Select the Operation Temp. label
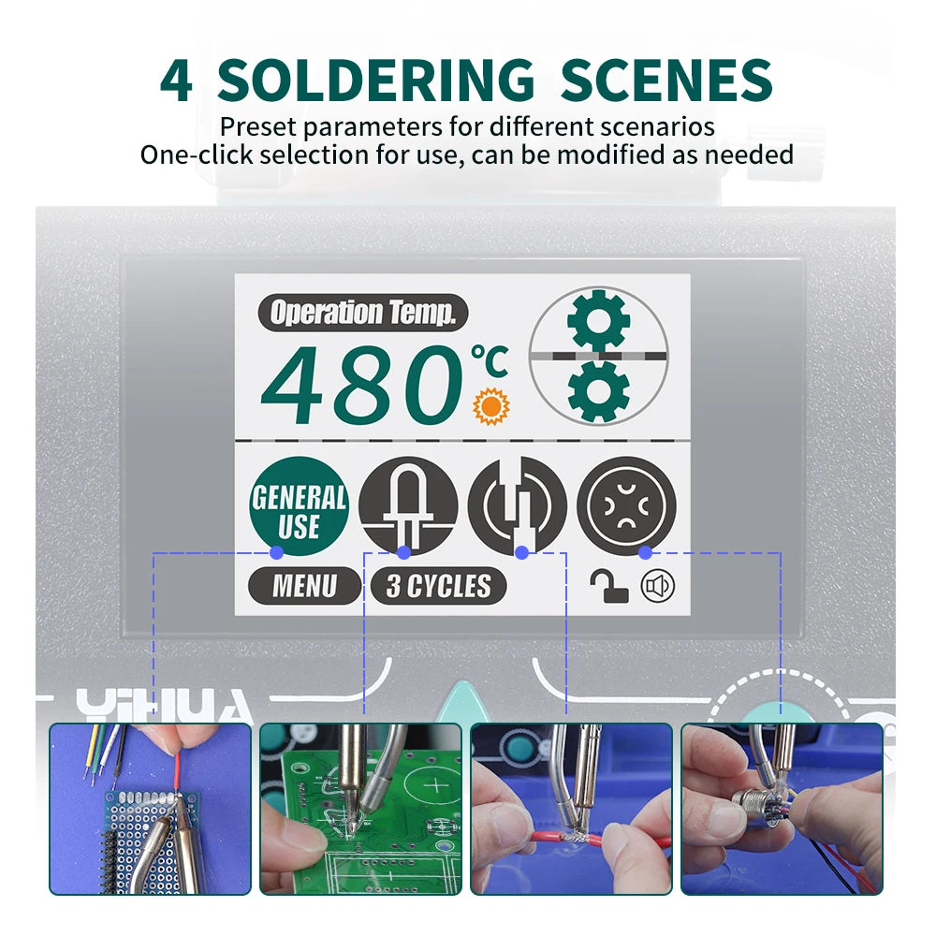362,313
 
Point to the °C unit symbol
490,361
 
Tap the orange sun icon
490,406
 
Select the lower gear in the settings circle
599,390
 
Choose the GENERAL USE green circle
299,506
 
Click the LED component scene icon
408,506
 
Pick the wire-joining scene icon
518,506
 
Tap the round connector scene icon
626,506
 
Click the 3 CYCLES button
438,587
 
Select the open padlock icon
608,587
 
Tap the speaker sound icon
658,587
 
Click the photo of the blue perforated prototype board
151,809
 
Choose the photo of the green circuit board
360,809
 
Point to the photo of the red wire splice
571,809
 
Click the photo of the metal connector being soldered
782,809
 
